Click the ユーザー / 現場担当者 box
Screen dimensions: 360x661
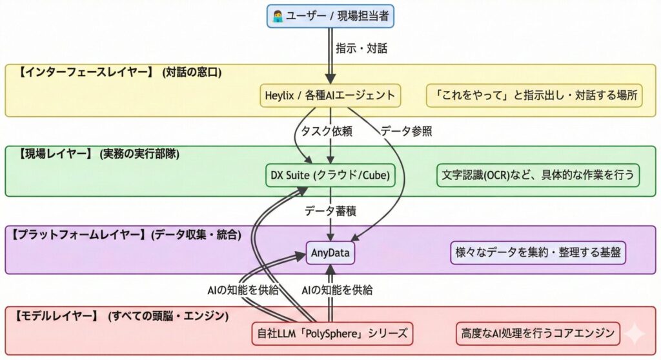point(330,16)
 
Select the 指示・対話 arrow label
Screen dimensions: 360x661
point(361,48)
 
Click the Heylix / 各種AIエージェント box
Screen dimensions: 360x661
point(330,96)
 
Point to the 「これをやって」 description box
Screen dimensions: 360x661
point(534,96)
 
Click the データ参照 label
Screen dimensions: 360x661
point(406,131)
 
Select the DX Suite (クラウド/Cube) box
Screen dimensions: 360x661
point(330,175)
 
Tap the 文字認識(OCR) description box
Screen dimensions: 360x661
point(538,175)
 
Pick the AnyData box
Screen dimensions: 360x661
point(330,253)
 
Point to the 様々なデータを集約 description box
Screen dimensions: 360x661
point(538,253)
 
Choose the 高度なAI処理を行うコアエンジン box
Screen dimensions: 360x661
point(538,334)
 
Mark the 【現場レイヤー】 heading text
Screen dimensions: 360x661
point(96,154)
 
